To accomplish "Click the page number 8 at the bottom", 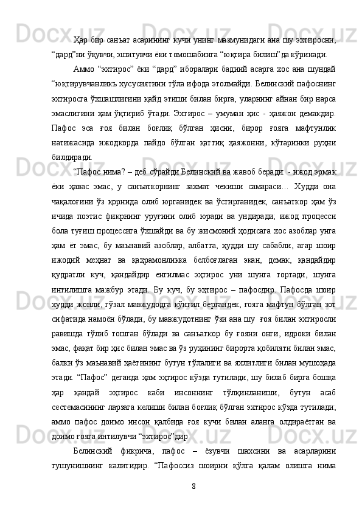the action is click(193, 485).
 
